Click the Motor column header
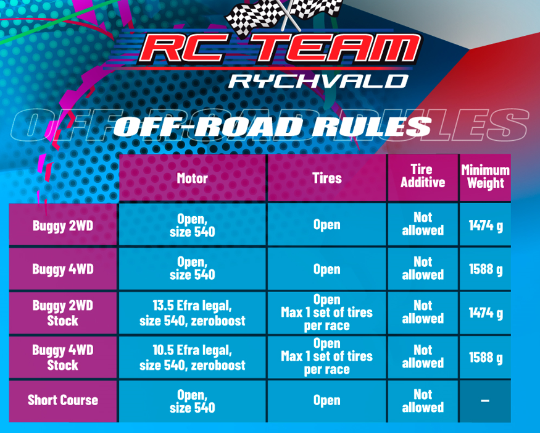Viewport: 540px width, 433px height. click(x=192, y=179)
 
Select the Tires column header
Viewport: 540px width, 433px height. click(x=327, y=179)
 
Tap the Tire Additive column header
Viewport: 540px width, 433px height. click(x=423, y=176)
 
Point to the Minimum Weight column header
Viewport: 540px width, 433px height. click(x=485, y=177)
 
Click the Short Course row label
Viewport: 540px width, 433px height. click(x=63, y=400)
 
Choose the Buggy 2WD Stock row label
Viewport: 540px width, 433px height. click(x=63, y=313)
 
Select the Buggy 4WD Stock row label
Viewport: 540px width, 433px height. click(x=63, y=358)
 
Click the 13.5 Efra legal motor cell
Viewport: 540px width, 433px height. click(x=192, y=313)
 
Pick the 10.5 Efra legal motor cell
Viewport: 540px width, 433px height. click(x=192, y=358)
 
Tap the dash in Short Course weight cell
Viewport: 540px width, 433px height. click(x=485, y=401)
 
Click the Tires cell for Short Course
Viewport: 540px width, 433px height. click(x=327, y=401)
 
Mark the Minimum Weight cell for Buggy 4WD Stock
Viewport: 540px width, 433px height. click(x=486, y=358)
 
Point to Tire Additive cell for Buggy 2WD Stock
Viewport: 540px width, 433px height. click(x=423, y=313)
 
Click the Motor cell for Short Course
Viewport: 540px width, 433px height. click(x=192, y=401)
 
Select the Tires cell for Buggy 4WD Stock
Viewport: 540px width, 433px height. click(x=327, y=356)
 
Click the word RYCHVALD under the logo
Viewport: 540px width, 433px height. click(x=318, y=82)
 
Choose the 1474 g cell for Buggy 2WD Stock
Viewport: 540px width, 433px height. click(x=486, y=313)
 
